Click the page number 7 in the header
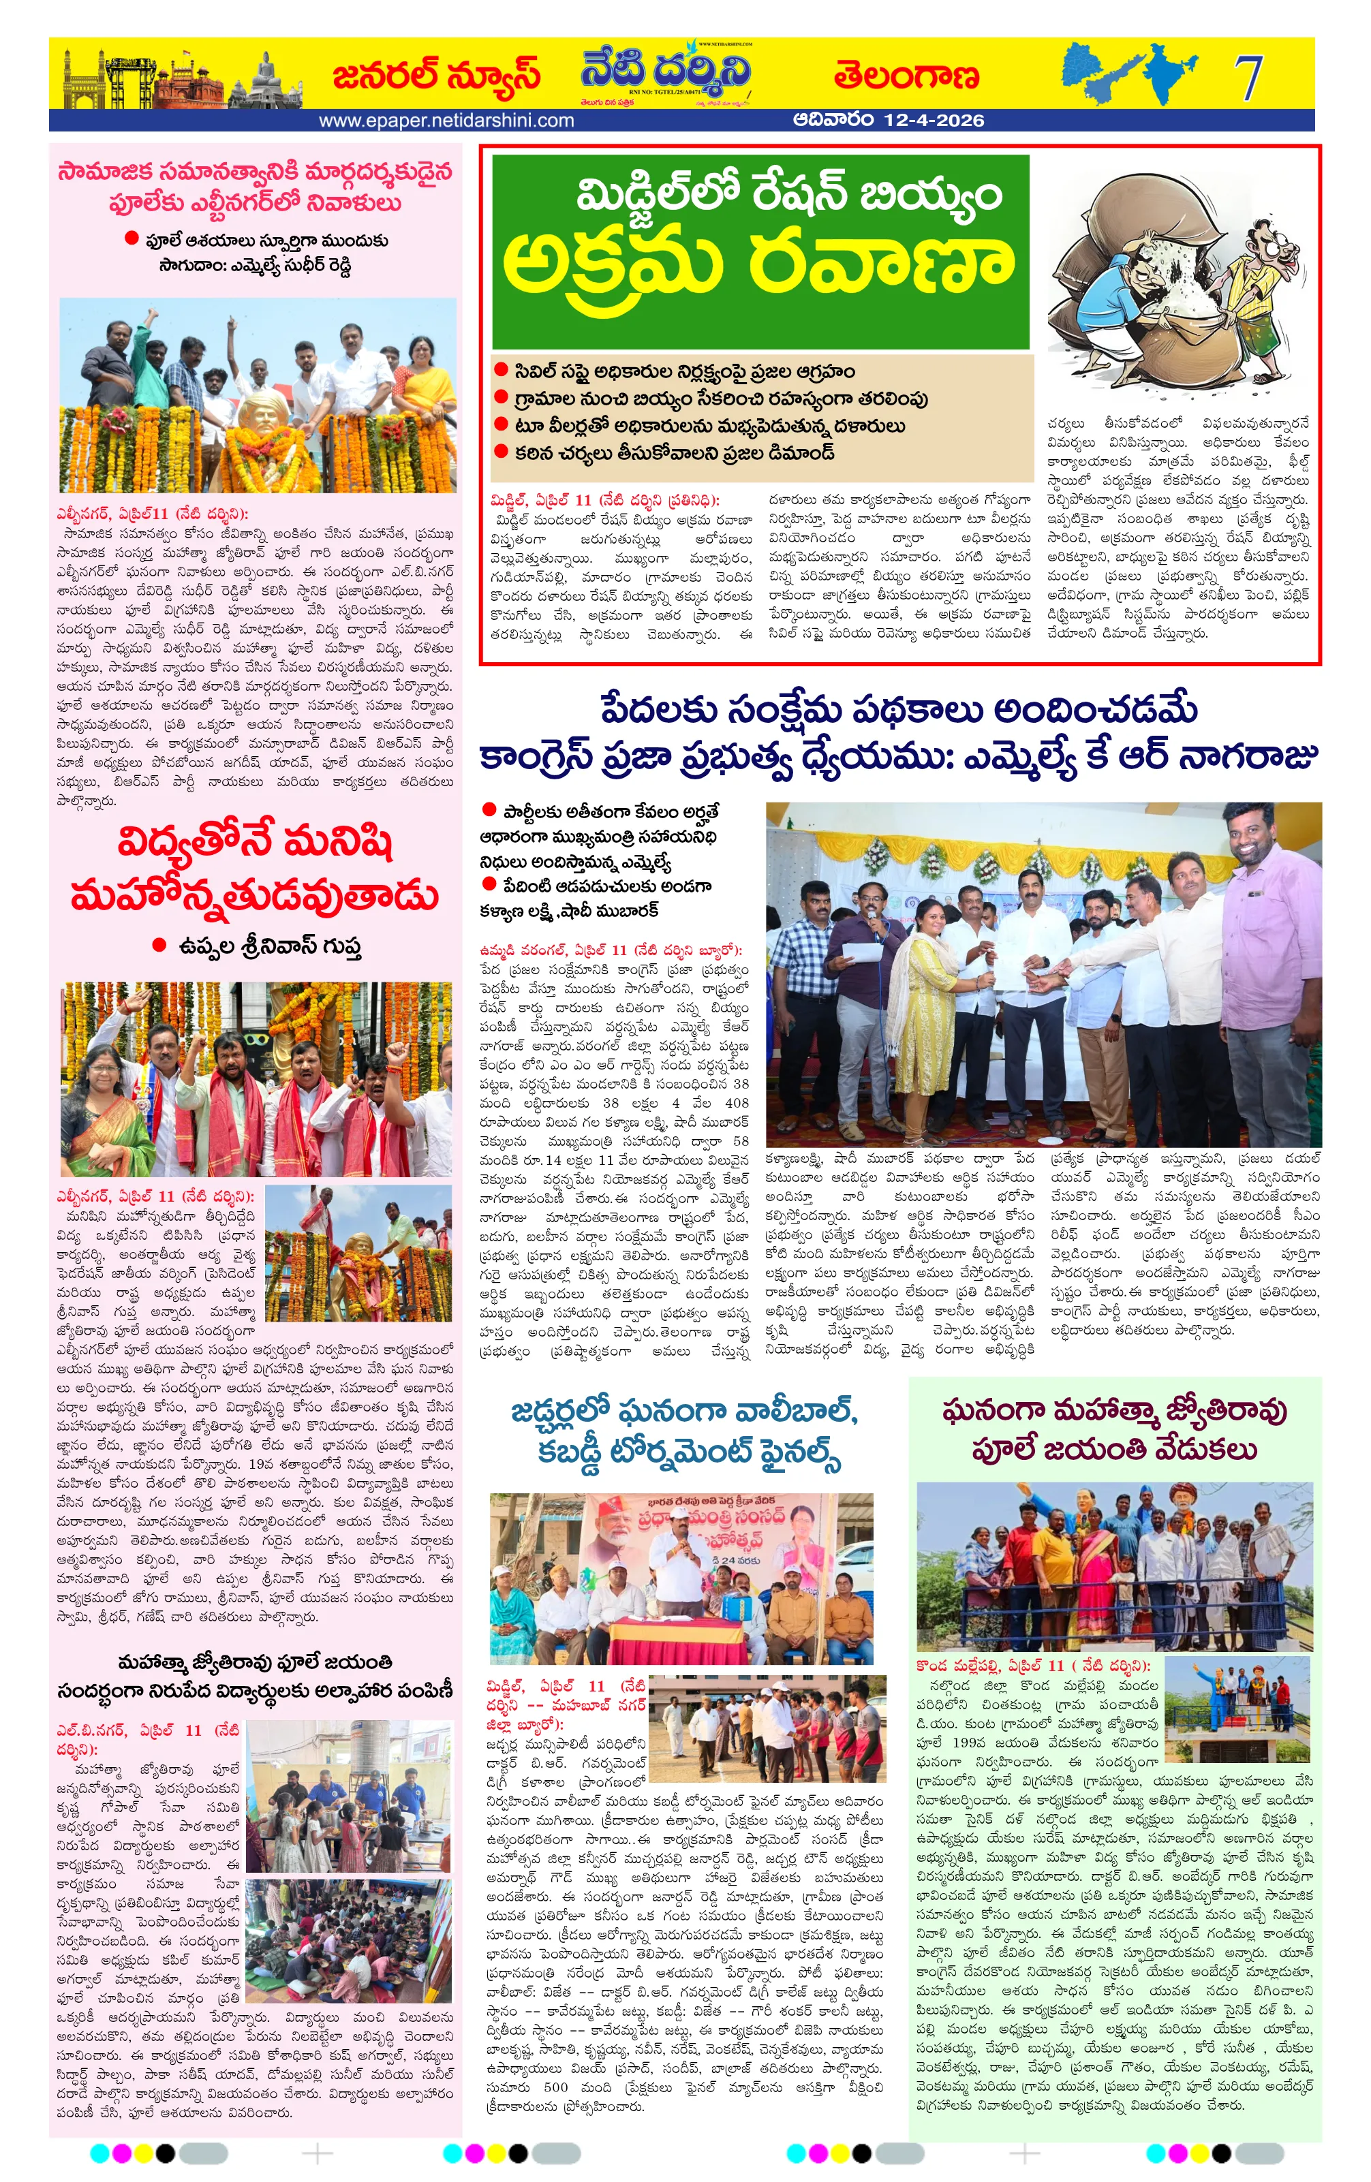[x=1248, y=77]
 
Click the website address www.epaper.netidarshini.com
[x=446, y=121]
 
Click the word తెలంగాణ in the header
[x=906, y=75]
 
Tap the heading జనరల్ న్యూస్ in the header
[x=436, y=75]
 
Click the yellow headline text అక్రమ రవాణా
[x=758, y=263]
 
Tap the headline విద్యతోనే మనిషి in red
[x=256, y=843]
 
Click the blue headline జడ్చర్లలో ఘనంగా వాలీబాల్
[x=684, y=1412]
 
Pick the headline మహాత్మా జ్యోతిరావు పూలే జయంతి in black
[x=256, y=1662]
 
